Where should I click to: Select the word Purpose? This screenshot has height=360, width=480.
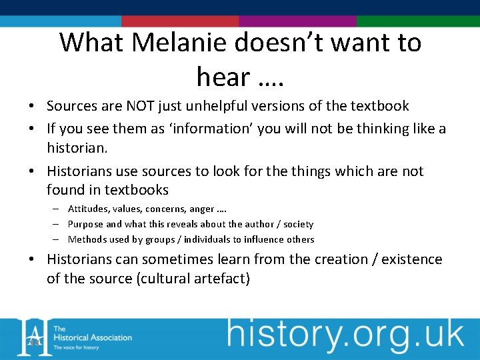point(86,224)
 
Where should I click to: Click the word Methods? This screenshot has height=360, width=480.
point(87,239)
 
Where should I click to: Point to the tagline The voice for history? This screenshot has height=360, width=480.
point(76,347)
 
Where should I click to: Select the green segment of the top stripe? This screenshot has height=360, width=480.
point(418,21)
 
